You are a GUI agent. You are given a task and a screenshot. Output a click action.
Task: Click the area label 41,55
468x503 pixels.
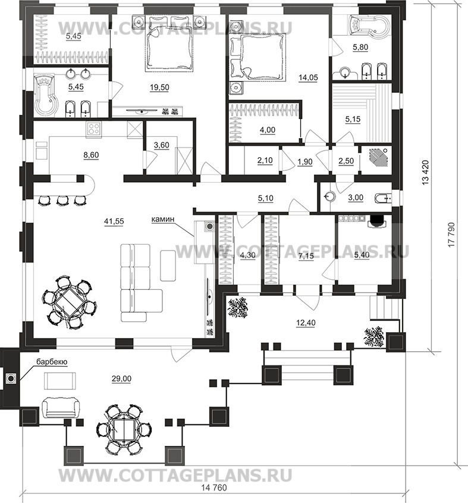pos(114,221)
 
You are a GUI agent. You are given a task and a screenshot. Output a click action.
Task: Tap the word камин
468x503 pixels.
pos(163,220)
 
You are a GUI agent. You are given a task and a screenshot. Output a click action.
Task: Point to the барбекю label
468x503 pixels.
pos(52,362)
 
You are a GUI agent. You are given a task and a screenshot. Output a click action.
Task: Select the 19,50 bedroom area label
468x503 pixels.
pos(159,88)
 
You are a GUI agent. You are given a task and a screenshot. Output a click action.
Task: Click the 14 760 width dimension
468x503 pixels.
pos(214,488)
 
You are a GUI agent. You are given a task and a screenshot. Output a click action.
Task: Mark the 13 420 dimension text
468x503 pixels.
pos(425,172)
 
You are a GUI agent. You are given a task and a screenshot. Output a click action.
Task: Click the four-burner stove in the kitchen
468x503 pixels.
pos(94,129)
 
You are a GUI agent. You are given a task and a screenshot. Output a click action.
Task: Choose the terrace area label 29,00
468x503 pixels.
pos(121,379)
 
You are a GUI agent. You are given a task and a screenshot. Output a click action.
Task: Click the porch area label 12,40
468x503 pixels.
pos(306,323)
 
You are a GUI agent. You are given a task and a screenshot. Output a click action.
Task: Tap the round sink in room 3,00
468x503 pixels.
pos(329,196)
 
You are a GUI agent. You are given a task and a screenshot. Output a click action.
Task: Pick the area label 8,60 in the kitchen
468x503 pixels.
pos(91,155)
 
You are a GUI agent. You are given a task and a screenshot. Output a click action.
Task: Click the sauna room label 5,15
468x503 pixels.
pos(353,119)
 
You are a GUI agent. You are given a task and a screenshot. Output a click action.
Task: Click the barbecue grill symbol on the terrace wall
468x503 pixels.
pos(11,379)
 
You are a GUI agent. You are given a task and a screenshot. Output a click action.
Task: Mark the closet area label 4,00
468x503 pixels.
pos(268,130)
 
